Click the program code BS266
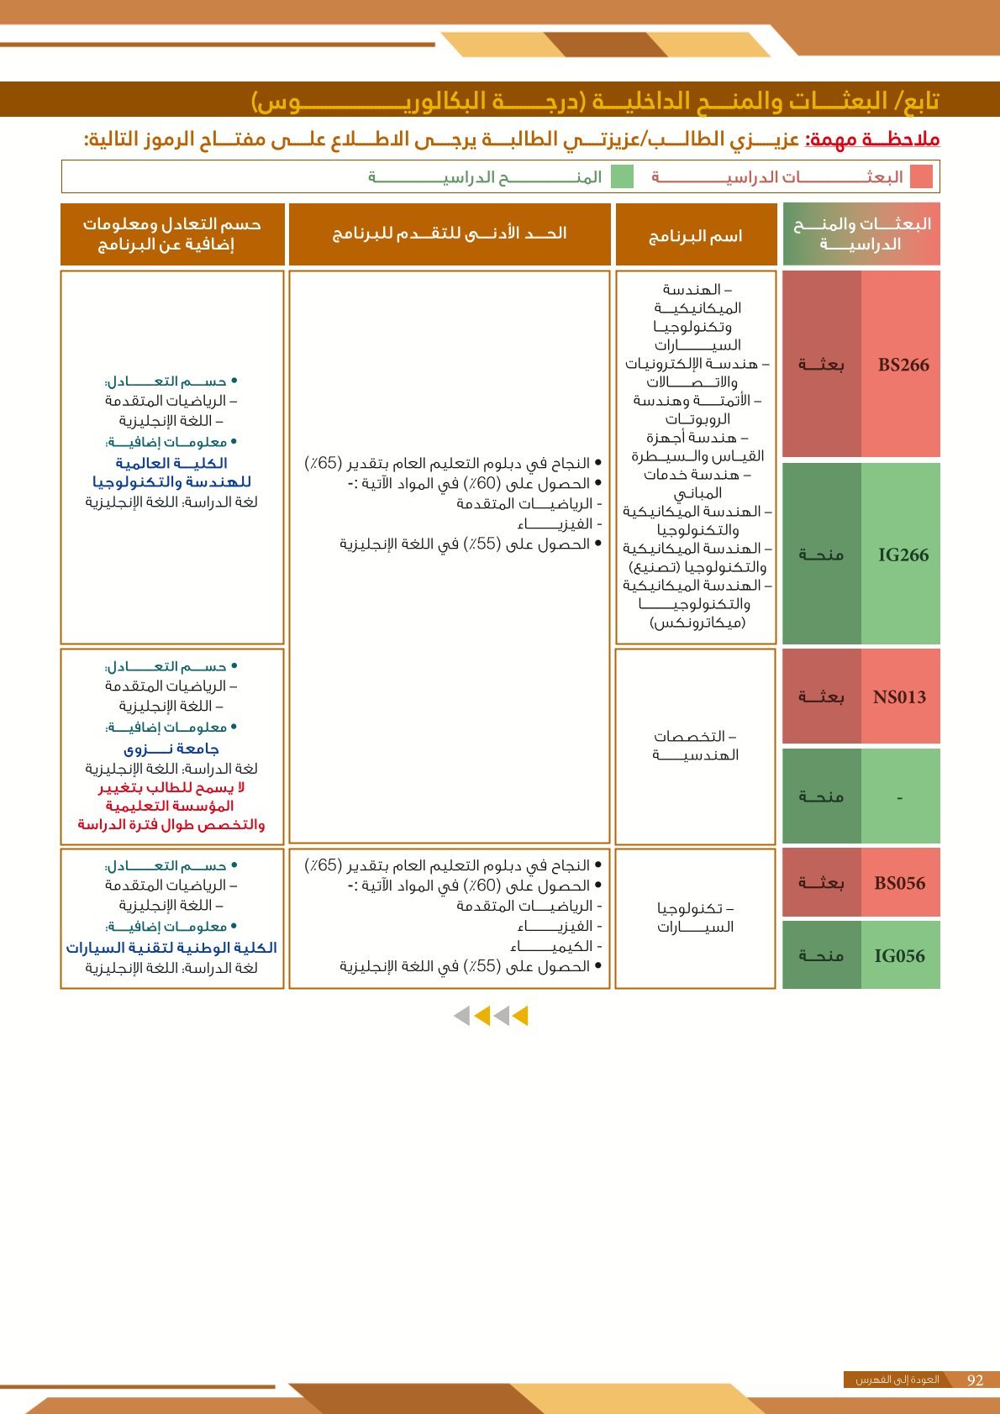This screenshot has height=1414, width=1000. point(903,365)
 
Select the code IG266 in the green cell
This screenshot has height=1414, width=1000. point(903,555)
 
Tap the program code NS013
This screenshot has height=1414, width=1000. point(899,696)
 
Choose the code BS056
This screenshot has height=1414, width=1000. point(899,883)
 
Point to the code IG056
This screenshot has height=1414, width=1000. point(899,955)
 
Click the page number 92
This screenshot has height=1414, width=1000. point(975,1380)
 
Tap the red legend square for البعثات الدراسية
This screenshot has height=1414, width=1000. point(921,176)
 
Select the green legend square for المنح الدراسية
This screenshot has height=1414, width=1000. point(622,176)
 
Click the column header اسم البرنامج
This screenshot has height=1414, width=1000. point(695,235)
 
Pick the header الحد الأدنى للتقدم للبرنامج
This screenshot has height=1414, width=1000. point(449,233)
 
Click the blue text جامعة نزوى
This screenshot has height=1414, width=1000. point(171,749)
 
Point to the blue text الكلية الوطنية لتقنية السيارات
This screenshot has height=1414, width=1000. point(171,948)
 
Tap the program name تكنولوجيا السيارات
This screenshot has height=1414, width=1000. point(695,917)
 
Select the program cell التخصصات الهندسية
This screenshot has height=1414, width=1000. point(695,745)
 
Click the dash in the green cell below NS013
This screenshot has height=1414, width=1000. point(899,797)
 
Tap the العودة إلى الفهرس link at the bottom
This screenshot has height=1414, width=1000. point(897,1380)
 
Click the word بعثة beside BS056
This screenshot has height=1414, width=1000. point(821,883)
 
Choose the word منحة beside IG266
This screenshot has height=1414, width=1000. point(821,555)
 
